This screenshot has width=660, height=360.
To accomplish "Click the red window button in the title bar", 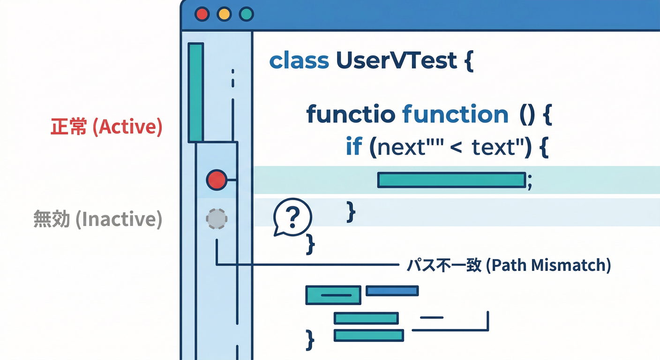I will [x=202, y=14].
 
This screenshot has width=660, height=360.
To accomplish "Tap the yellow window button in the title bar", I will [x=224, y=14].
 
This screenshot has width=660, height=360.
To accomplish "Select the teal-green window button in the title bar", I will [x=246, y=14].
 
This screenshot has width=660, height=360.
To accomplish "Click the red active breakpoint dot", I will [x=217, y=180].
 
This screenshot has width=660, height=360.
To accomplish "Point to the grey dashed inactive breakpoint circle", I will [x=217, y=219].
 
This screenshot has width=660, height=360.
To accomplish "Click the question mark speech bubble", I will [x=292, y=217].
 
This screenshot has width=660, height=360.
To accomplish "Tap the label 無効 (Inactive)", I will [x=98, y=219].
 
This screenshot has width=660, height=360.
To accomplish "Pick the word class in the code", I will [x=299, y=61].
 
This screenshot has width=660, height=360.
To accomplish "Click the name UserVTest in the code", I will [x=397, y=61].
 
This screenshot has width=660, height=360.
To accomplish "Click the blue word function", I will [x=455, y=114].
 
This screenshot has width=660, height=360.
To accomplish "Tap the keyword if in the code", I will [x=354, y=147].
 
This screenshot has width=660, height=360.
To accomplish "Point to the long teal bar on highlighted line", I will [x=451, y=180].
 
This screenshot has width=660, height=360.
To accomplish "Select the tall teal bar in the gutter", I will [x=195, y=92].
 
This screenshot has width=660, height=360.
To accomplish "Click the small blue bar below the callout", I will [x=392, y=291].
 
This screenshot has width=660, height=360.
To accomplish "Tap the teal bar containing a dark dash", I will [x=333, y=295].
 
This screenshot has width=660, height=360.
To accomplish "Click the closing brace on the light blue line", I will [x=351, y=212].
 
